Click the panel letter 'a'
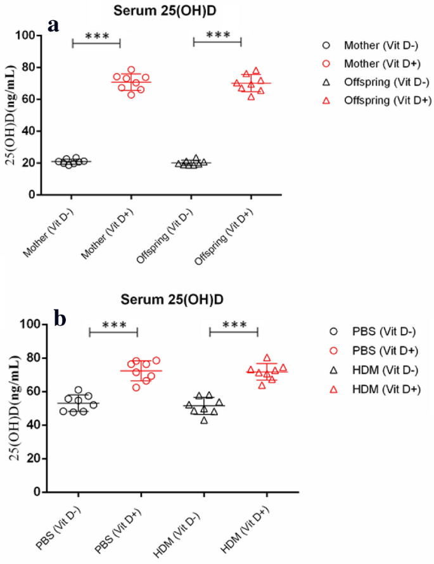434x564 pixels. coord(54,25)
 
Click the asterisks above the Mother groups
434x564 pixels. coord(96,35)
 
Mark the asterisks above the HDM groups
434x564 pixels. coord(234,325)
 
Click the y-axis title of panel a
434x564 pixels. coord(12,116)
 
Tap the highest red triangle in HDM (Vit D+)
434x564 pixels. coord(267,358)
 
